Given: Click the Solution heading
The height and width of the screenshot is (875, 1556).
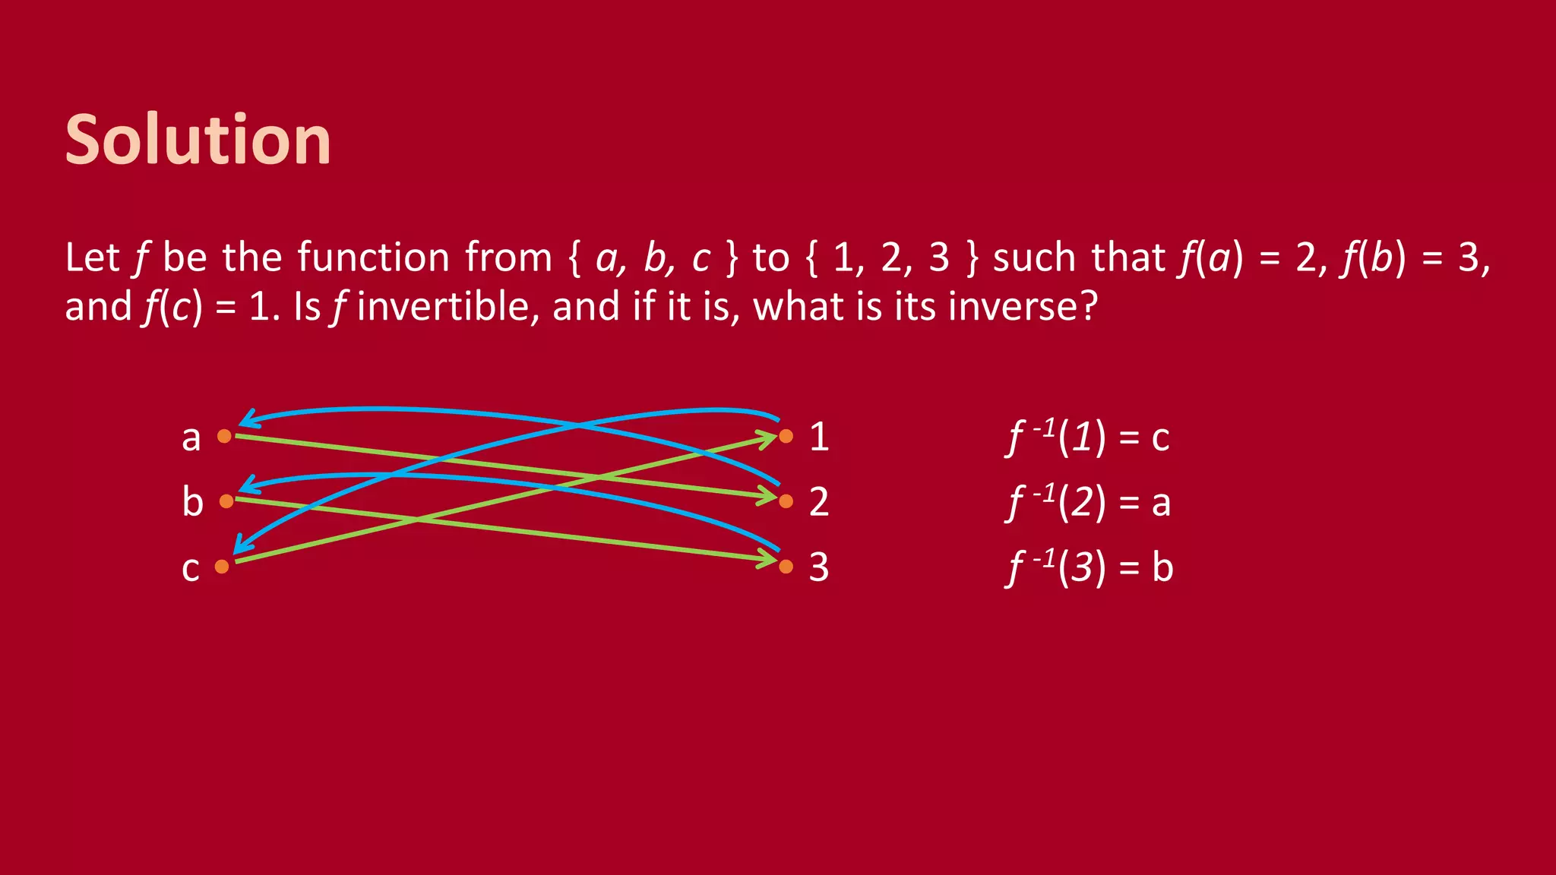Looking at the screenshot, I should (x=198, y=140).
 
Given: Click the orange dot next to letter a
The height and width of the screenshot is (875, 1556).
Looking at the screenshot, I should (x=224, y=436).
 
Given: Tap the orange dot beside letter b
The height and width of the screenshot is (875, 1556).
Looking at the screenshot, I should (x=226, y=501).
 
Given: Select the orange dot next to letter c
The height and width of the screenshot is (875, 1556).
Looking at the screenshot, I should (x=222, y=567).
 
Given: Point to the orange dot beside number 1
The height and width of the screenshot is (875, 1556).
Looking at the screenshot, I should (x=786, y=436).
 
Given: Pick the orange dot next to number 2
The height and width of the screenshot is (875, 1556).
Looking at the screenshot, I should (x=786, y=501).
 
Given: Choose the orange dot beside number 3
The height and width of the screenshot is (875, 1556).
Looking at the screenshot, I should (x=786, y=567).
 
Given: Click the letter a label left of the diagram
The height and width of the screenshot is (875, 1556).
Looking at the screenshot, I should (x=191, y=438).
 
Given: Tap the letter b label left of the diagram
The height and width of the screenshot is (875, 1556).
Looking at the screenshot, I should (x=193, y=502).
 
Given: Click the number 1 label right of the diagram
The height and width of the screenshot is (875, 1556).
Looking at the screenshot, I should (x=819, y=437).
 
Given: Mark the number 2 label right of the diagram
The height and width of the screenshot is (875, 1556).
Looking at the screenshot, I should (x=819, y=502).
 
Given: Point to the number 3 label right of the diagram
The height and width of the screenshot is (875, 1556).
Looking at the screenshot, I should (x=819, y=567).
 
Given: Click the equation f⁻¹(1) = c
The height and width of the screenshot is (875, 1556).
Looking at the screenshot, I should (x=1088, y=437).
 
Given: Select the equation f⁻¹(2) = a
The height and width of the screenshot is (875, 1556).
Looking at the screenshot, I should (x=1088, y=503).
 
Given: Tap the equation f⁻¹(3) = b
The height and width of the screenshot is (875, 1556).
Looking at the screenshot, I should (x=1090, y=568).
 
